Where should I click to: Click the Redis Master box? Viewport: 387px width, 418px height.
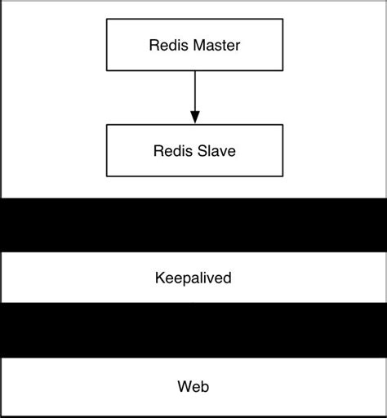193,44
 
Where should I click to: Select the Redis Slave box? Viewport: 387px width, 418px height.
193,150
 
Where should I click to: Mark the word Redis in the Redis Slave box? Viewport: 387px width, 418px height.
172,150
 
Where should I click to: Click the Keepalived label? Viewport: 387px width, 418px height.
193,278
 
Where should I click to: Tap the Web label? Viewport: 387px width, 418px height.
193,385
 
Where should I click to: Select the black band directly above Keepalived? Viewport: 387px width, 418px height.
193,225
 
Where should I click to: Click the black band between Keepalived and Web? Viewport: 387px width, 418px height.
193,331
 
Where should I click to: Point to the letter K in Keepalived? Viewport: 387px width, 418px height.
159,278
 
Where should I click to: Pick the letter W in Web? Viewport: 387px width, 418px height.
184,385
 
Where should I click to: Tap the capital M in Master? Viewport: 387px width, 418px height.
193,44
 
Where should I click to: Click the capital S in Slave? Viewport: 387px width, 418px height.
202,150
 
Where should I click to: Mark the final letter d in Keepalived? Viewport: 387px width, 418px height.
228,278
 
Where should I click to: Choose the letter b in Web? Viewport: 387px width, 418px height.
204,385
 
